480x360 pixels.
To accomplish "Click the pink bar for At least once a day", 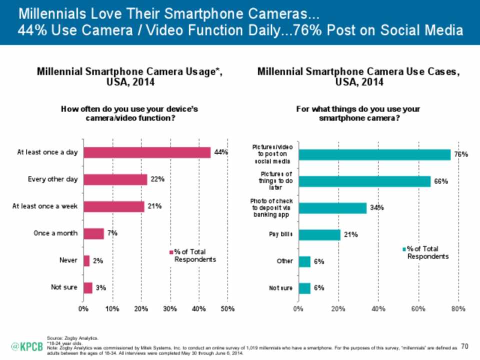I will [147, 152].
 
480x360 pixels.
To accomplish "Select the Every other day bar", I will [115, 179].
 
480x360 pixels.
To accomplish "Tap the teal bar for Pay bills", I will [319, 234].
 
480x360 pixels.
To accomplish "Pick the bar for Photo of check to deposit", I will [332, 207].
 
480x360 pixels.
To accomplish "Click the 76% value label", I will [460, 155].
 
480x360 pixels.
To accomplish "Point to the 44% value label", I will [221, 152].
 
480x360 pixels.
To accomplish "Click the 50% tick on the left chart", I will [227, 309].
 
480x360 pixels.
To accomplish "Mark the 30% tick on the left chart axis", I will [170, 309].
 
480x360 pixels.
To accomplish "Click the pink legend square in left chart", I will [171, 252].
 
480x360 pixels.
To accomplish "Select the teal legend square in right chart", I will [404, 248].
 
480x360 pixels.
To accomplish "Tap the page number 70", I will [465, 346].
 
